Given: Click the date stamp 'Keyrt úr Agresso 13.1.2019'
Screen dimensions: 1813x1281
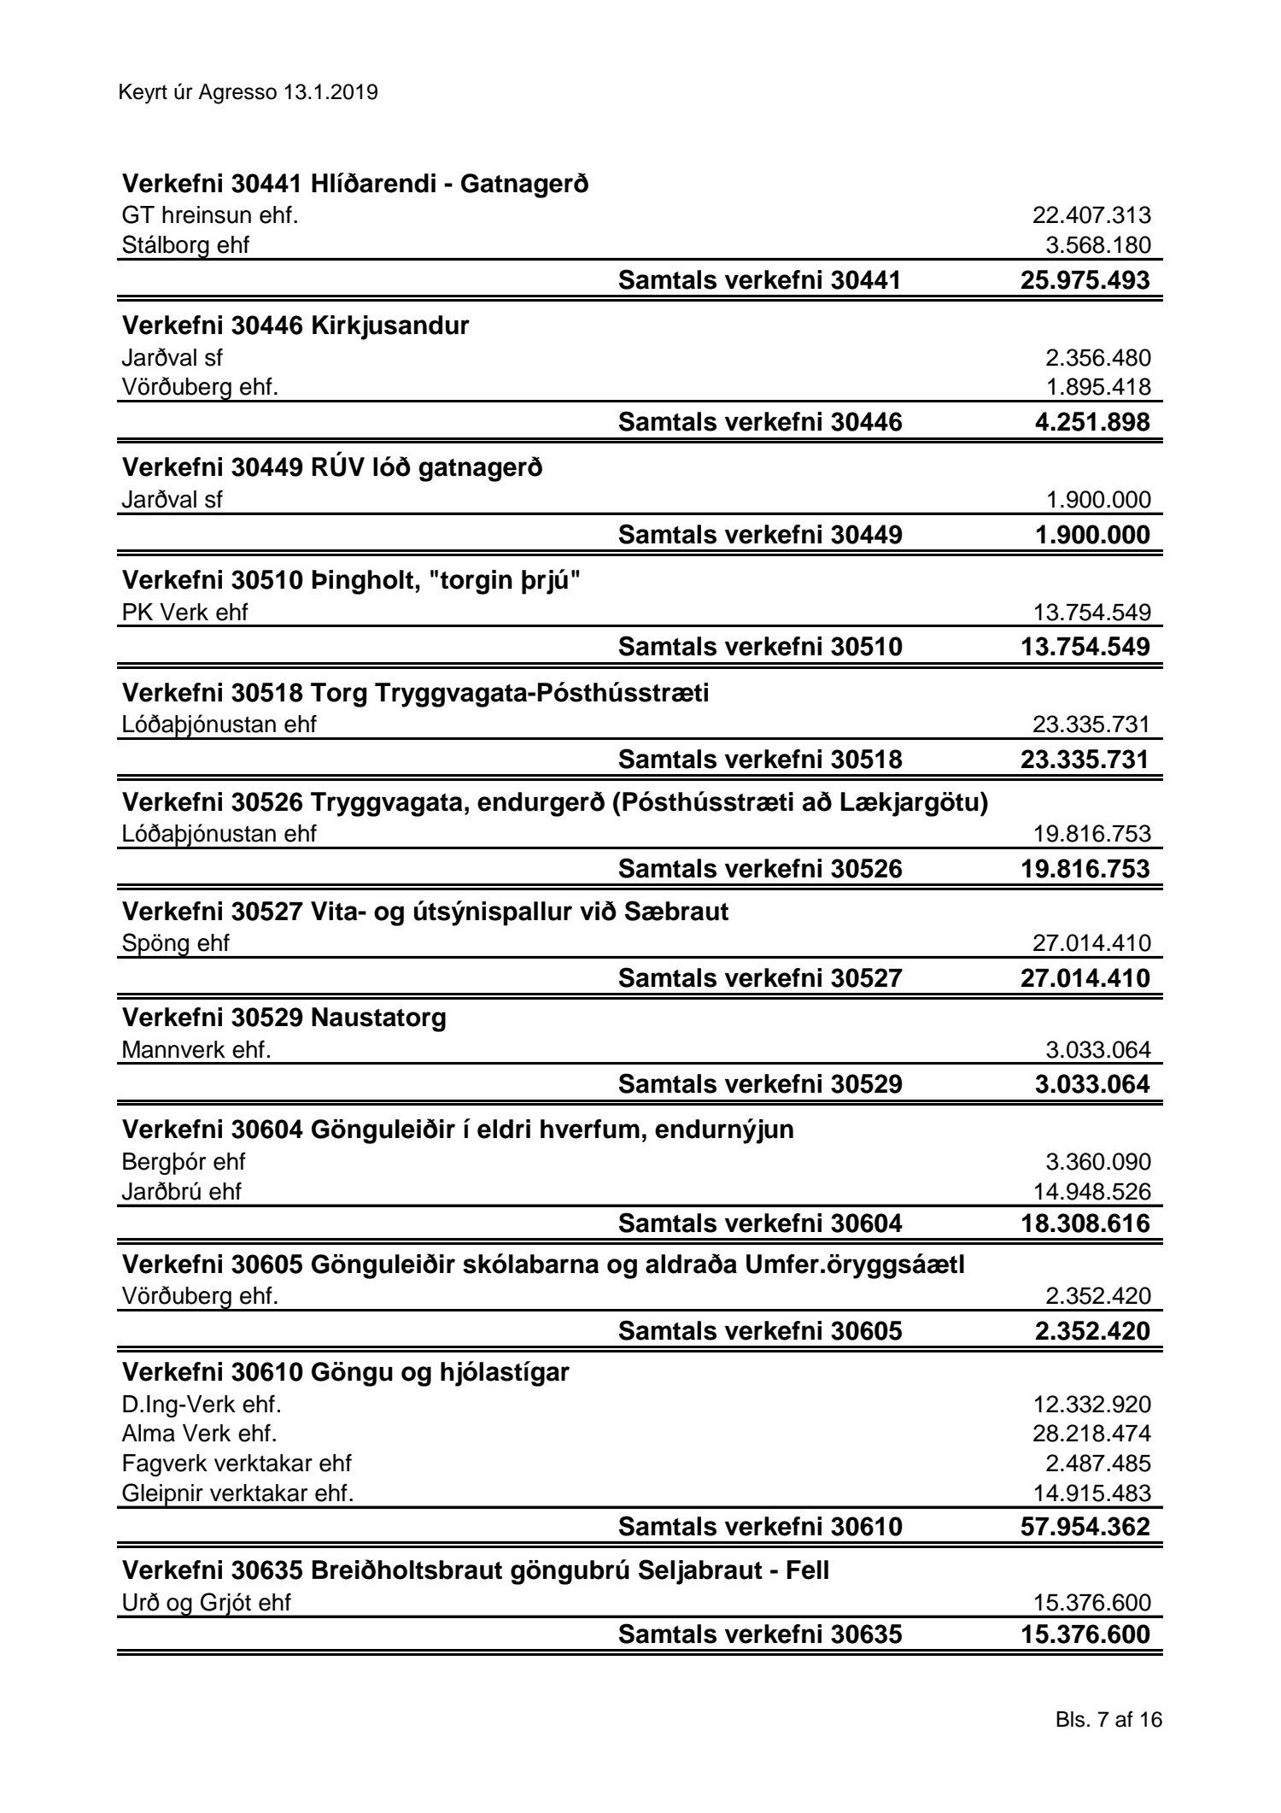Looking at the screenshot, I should (249, 92).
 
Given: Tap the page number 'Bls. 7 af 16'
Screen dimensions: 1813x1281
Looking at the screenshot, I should (1108, 1720).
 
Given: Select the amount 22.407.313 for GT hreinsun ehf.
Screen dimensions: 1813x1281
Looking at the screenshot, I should (1091, 215).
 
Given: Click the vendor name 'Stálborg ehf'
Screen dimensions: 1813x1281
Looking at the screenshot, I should (186, 245).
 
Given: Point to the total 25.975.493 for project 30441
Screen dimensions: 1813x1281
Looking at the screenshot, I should (1085, 280).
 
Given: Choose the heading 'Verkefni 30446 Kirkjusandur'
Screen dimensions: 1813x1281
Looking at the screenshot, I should (295, 326).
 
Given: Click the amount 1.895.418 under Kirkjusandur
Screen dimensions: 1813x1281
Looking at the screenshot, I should (1098, 387).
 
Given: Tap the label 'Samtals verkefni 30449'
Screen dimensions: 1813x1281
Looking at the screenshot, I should (759, 535).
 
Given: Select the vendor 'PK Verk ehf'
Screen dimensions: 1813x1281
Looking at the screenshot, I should (185, 613).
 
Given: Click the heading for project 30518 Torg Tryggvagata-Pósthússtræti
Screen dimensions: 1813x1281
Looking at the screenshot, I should (416, 693).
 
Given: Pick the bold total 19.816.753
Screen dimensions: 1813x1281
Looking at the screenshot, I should (1085, 869).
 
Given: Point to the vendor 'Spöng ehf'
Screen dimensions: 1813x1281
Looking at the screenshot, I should (176, 943).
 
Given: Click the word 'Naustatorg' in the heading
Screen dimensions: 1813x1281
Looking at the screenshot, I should (378, 1018).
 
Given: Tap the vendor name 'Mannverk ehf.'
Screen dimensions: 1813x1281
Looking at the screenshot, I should (196, 1049).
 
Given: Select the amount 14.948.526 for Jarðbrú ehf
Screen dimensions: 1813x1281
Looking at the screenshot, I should (1091, 1191).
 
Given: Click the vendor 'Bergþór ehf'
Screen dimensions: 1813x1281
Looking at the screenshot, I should (184, 1162).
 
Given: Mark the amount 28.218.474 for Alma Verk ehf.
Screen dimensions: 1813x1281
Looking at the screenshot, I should (1091, 1434).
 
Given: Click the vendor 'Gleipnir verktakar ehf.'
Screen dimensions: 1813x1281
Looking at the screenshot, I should (237, 1493).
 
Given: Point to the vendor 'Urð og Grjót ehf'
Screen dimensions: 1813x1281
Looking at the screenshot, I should (207, 1603).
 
